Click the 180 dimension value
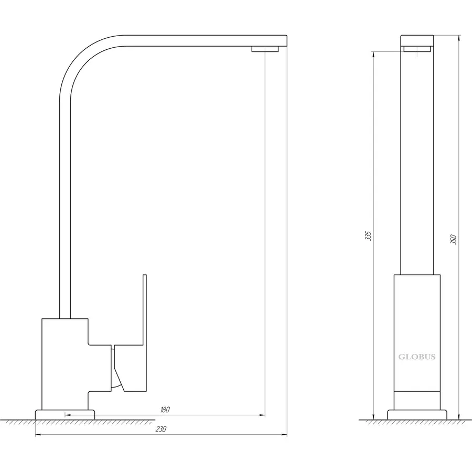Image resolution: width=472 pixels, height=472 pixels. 165,410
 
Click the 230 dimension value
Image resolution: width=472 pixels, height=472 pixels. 161,429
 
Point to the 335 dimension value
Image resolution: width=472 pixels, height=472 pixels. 368,235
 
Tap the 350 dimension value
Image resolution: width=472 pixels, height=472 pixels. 453,239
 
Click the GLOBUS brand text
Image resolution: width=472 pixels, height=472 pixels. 417,357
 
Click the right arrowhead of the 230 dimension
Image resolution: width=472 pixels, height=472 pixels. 284,435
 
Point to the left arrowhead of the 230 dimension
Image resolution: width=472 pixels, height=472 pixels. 38,435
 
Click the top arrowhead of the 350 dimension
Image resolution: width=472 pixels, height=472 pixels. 458,38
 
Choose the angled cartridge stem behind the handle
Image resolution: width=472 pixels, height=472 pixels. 117,369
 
